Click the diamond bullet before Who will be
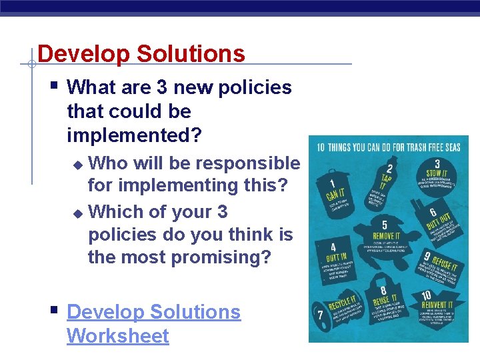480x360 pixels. pyautogui.click(x=78, y=164)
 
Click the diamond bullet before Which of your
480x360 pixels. pyautogui.click(x=78, y=213)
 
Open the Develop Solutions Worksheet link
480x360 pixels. pyautogui.click(x=153, y=323)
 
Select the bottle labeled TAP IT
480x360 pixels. pyautogui.click(x=386, y=180)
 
